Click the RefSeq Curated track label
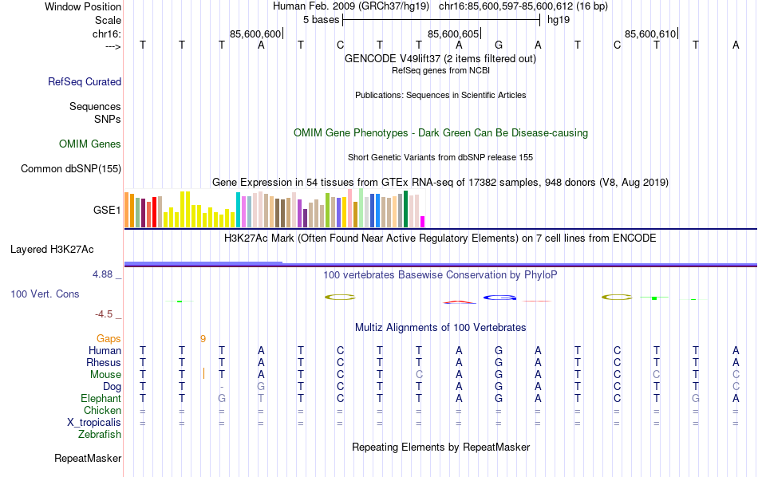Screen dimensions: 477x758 (85, 81)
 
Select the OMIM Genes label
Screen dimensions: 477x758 (90, 144)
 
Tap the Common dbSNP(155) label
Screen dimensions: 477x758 (71, 168)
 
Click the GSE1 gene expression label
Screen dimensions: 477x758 (107, 211)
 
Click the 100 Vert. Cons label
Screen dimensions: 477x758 (45, 294)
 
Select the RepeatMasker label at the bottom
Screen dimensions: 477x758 (88, 459)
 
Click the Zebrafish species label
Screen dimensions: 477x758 (100, 435)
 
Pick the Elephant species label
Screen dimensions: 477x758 (101, 398)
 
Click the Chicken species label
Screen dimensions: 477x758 (103, 411)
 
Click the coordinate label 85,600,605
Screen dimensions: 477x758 (453, 34)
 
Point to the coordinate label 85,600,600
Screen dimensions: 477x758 (255, 34)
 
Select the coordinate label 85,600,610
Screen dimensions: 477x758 (650, 34)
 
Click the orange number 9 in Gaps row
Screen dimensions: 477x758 (203, 338)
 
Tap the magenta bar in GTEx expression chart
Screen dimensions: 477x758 (423, 221)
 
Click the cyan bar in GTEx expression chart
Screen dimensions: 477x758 (238, 210)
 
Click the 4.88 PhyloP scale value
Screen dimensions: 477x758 (105, 274)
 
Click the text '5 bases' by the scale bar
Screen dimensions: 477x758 (320, 19)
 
